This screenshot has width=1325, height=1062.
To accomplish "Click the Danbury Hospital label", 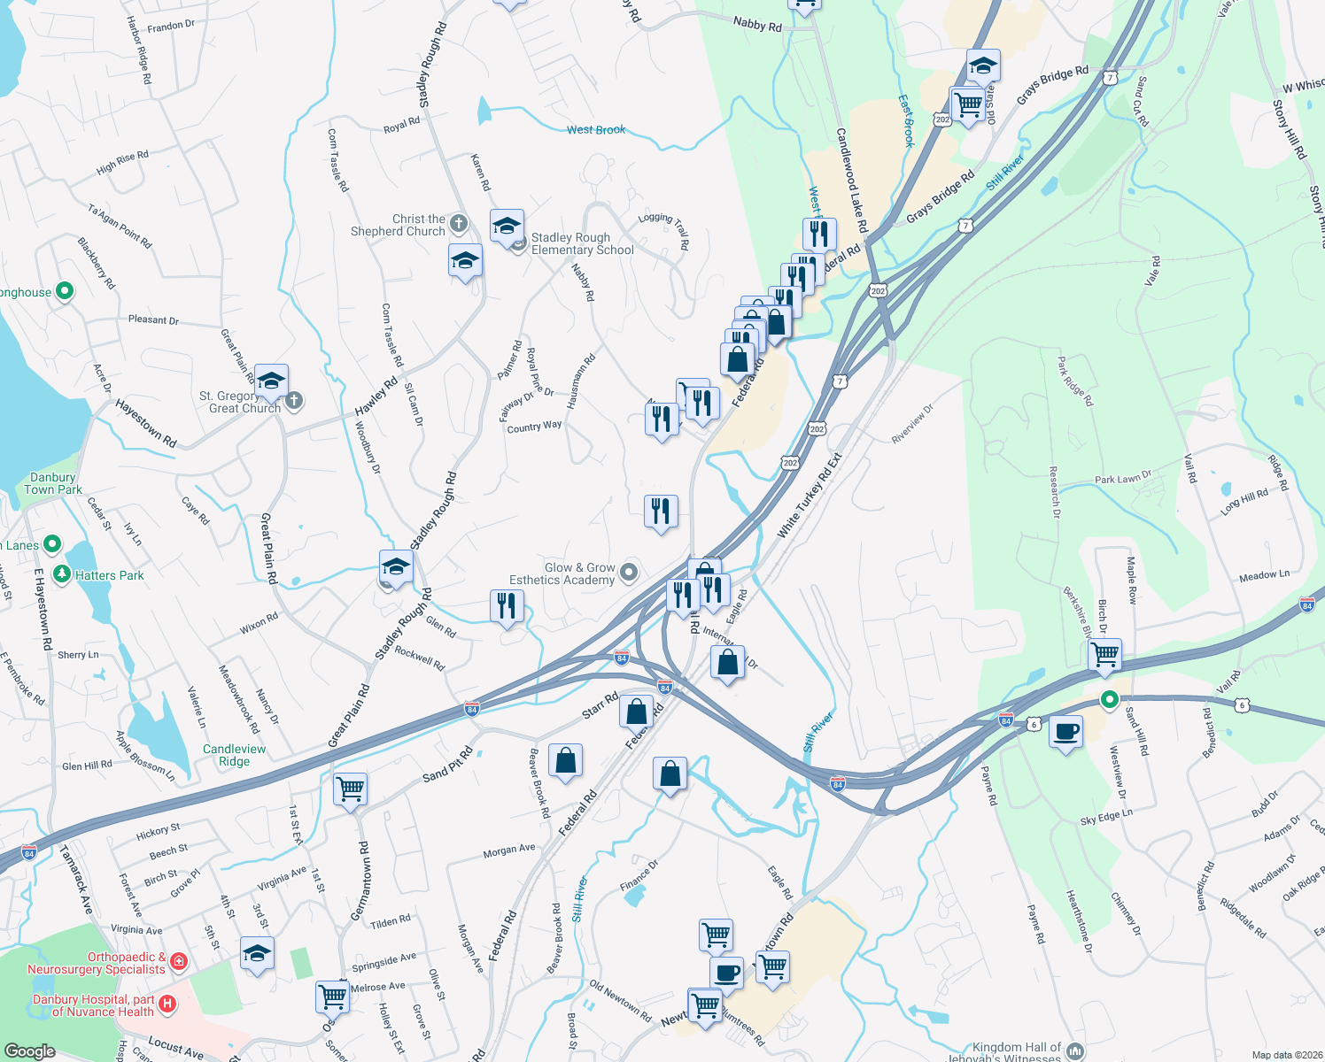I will pos(93,1005).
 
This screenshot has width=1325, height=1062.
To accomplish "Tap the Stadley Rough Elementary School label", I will pos(582,243).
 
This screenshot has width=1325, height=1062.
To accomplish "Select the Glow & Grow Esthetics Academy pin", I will pos(629,573).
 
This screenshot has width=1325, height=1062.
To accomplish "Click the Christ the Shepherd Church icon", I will pos(459,223).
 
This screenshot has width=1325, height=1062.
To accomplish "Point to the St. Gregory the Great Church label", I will pos(239,403).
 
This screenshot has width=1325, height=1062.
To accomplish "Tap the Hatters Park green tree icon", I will pos(62,575).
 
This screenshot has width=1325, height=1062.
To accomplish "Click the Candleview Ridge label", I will pos(234,755).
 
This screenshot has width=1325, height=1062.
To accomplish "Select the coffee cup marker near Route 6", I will pos(1065,733).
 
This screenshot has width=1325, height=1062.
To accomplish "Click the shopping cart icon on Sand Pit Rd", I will pos(350,788).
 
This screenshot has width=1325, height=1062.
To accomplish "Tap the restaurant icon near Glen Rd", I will pos(507,606).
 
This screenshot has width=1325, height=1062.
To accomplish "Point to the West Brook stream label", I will pos(596,130).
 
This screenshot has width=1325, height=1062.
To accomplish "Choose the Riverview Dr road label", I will pos(913,425).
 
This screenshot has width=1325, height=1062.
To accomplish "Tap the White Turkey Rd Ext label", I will pos(810,496).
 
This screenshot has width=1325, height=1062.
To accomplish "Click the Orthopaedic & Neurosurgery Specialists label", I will pos(97,963).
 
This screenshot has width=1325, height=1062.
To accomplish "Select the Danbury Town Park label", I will pos(53,483).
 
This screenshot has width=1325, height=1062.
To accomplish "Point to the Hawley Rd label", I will pos(376,397).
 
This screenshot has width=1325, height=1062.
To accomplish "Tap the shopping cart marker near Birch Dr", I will pos(1104,655).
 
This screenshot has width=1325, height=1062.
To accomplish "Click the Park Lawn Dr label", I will pos(1122,478).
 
